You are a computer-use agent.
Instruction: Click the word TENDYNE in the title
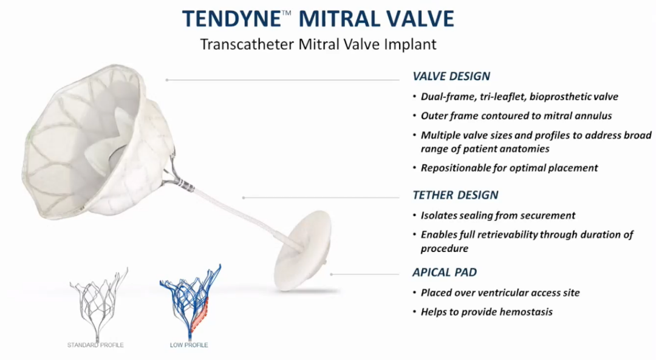(231, 19)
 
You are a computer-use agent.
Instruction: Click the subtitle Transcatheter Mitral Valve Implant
(318, 44)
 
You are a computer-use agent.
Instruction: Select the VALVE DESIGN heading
(451, 76)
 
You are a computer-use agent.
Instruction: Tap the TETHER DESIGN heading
(455, 195)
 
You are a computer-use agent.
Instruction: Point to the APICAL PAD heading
(445, 272)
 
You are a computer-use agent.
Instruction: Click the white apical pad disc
(302, 250)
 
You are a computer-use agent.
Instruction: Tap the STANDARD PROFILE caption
(95, 345)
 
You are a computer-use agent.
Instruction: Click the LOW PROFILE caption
(189, 345)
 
